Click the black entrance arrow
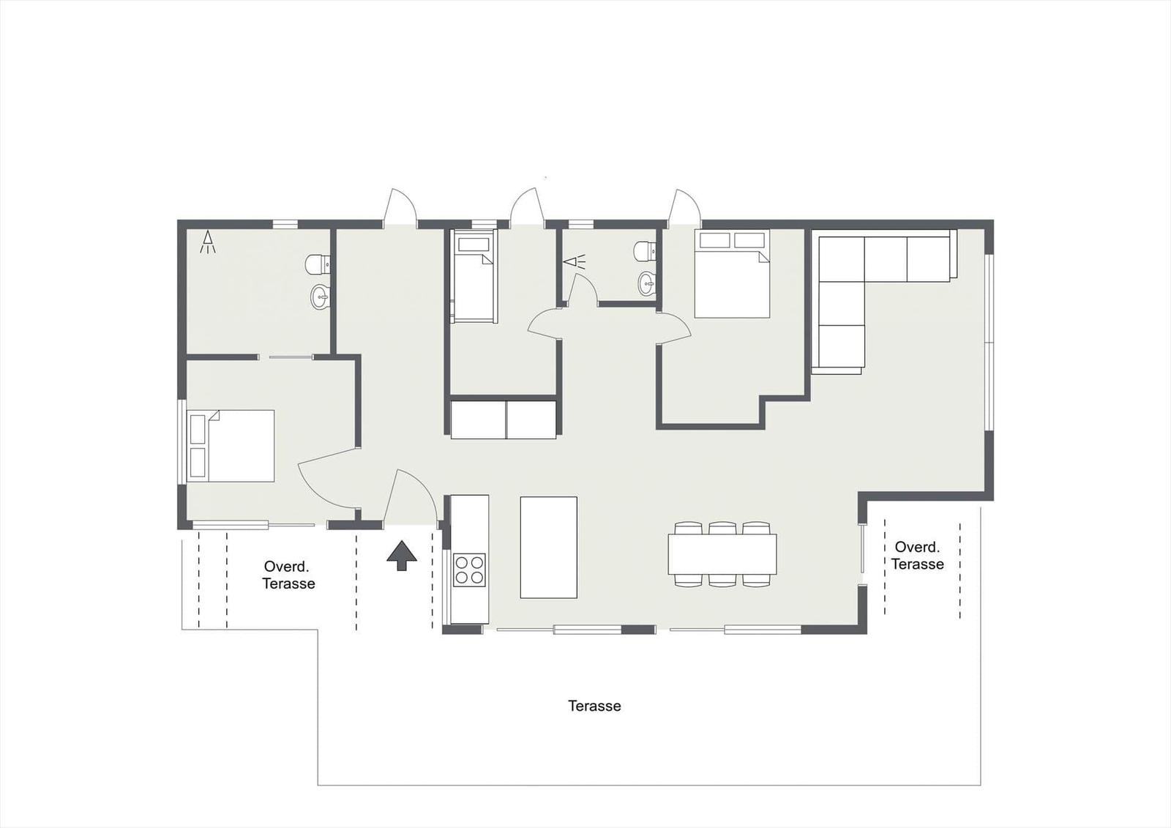(x=402, y=556)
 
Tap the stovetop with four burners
(x=469, y=570)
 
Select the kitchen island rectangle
(x=548, y=547)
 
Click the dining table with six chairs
(x=722, y=554)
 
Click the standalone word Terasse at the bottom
(x=594, y=706)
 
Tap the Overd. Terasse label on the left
(x=288, y=575)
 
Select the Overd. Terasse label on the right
(x=918, y=556)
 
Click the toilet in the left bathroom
(x=318, y=264)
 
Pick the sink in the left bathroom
(x=319, y=298)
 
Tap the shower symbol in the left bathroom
(x=208, y=242)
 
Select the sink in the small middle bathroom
(x=647, y=284)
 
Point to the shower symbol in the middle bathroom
(x=575, y=261)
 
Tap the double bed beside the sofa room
(x=732, y=274)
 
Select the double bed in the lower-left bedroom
(x=231, y=446)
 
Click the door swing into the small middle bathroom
(x=583, y=288)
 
